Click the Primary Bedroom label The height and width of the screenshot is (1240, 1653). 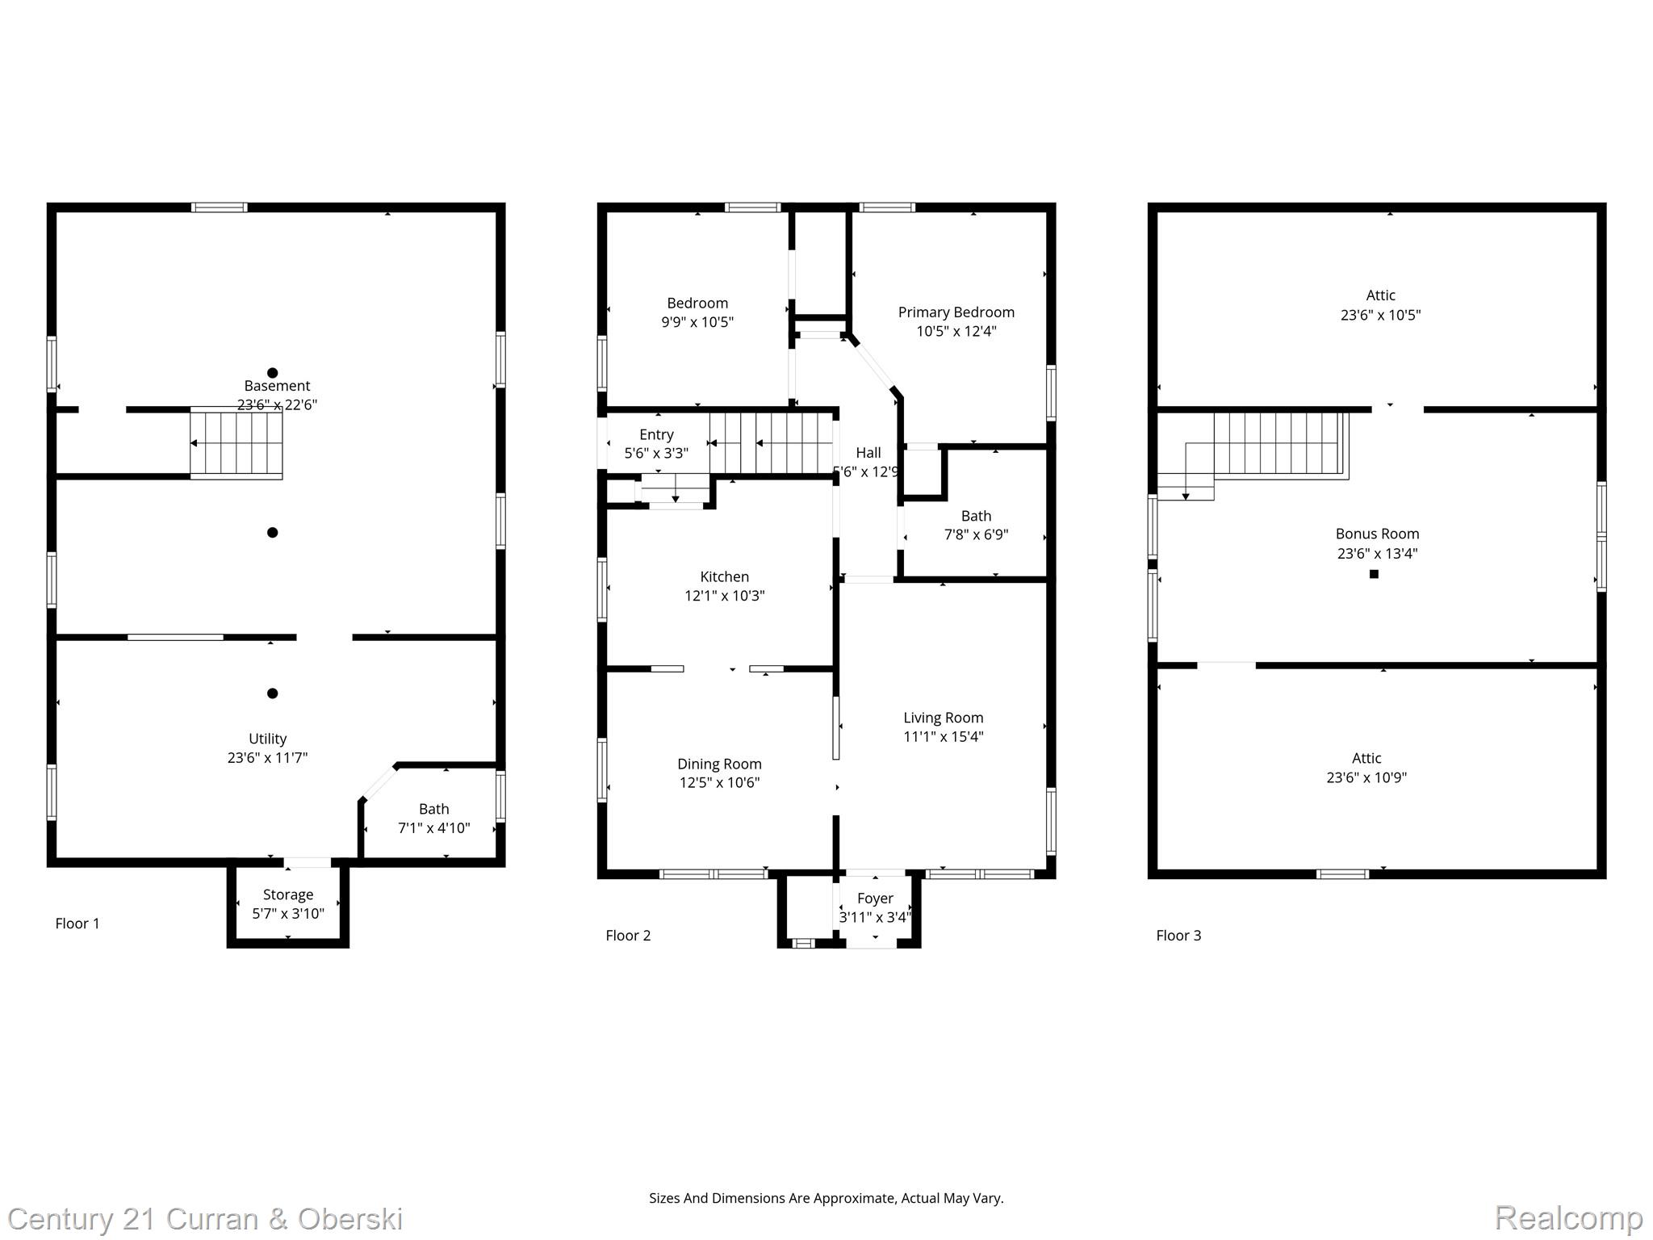click(956, 312)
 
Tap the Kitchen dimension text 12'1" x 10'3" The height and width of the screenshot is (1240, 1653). click(725, 596)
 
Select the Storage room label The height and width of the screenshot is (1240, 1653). click(288, 894)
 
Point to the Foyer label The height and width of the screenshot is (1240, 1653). click(875, 899)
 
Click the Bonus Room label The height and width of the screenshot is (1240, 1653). click(1377, 534)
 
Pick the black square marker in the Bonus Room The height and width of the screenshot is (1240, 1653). click(1374, 574)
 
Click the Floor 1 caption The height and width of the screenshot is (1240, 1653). click(77, 924)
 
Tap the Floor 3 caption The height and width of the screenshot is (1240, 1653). click(1178, 936)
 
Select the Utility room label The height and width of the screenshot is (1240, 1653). click(267, 739)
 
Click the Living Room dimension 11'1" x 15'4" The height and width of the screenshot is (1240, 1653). click(944, 736)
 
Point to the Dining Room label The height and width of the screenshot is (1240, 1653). click(719, 764)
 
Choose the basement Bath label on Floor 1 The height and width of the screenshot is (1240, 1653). click(434, 809)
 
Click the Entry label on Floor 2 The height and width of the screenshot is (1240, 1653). click(656, 435)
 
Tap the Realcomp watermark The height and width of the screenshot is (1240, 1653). click(1569, 1217)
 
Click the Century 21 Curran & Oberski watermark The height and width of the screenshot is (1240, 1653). click(206, 1219)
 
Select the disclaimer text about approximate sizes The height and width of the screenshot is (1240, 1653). click(826, 1198)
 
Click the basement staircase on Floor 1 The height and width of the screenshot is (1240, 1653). click(236, 443)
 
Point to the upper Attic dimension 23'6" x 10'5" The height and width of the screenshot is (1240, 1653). click(1381, 315)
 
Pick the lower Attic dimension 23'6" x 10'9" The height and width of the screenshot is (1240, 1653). click(1366, 777)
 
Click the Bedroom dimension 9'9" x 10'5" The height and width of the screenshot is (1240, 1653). click(697, 322)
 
